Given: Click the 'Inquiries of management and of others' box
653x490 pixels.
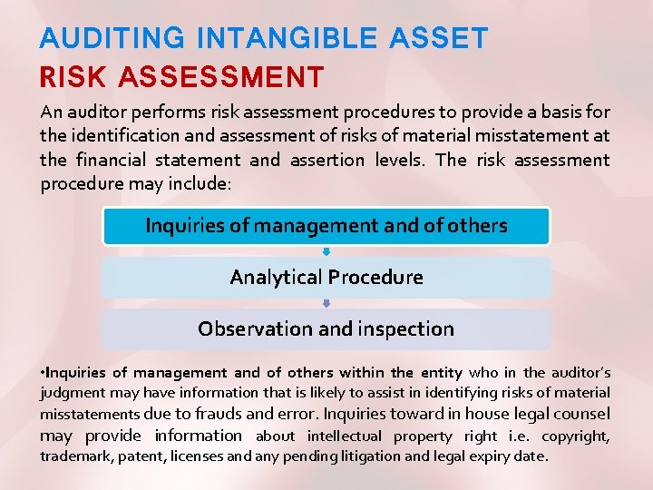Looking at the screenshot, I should click(x=326, y=226).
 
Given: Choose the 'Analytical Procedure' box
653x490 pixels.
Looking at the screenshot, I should click(x=326, y=278).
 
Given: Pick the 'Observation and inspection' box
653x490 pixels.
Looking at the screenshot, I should click(x=326, y=329).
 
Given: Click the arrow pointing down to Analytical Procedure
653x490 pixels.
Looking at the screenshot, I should click(x=326, y=250).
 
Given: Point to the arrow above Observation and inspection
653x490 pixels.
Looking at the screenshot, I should click(x=326, y=303).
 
